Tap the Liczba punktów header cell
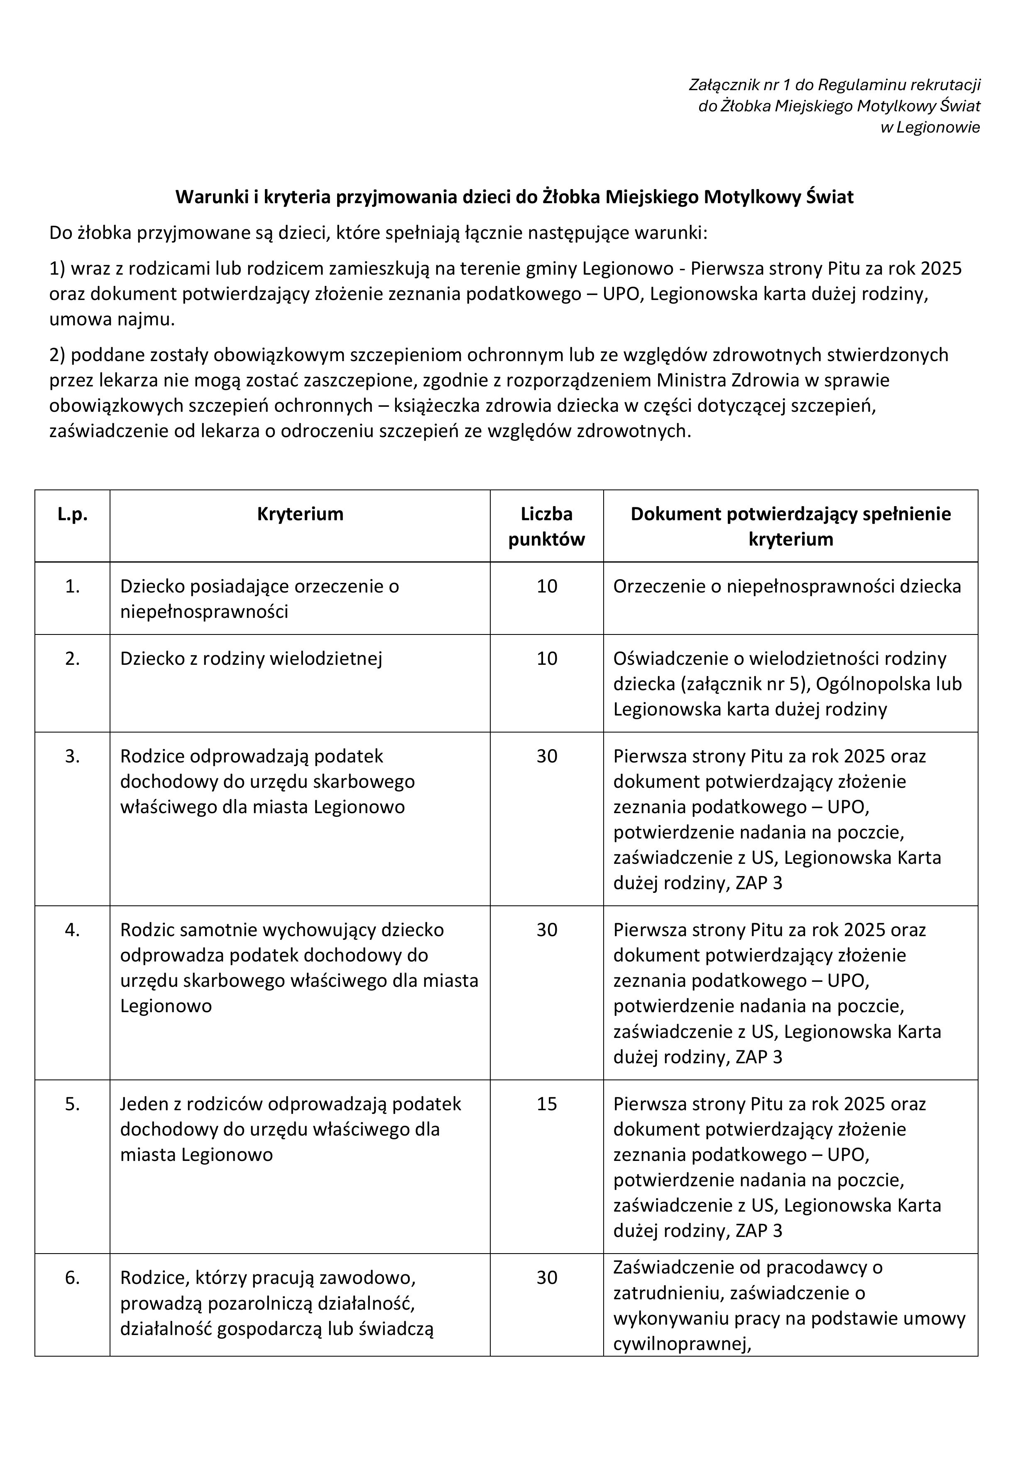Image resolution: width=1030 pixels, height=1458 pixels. point(546,526)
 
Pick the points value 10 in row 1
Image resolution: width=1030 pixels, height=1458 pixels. point(546,586)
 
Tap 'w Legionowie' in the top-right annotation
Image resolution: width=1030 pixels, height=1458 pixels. point(930,128)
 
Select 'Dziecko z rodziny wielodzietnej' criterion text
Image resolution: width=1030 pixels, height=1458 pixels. point(251,659)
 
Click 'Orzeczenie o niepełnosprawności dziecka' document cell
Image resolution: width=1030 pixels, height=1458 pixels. point(787,586)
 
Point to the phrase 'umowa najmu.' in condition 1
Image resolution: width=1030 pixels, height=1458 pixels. point(112,320)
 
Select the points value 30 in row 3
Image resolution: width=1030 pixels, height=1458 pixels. point(546,756)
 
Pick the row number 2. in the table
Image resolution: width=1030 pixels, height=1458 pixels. point(72,659)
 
